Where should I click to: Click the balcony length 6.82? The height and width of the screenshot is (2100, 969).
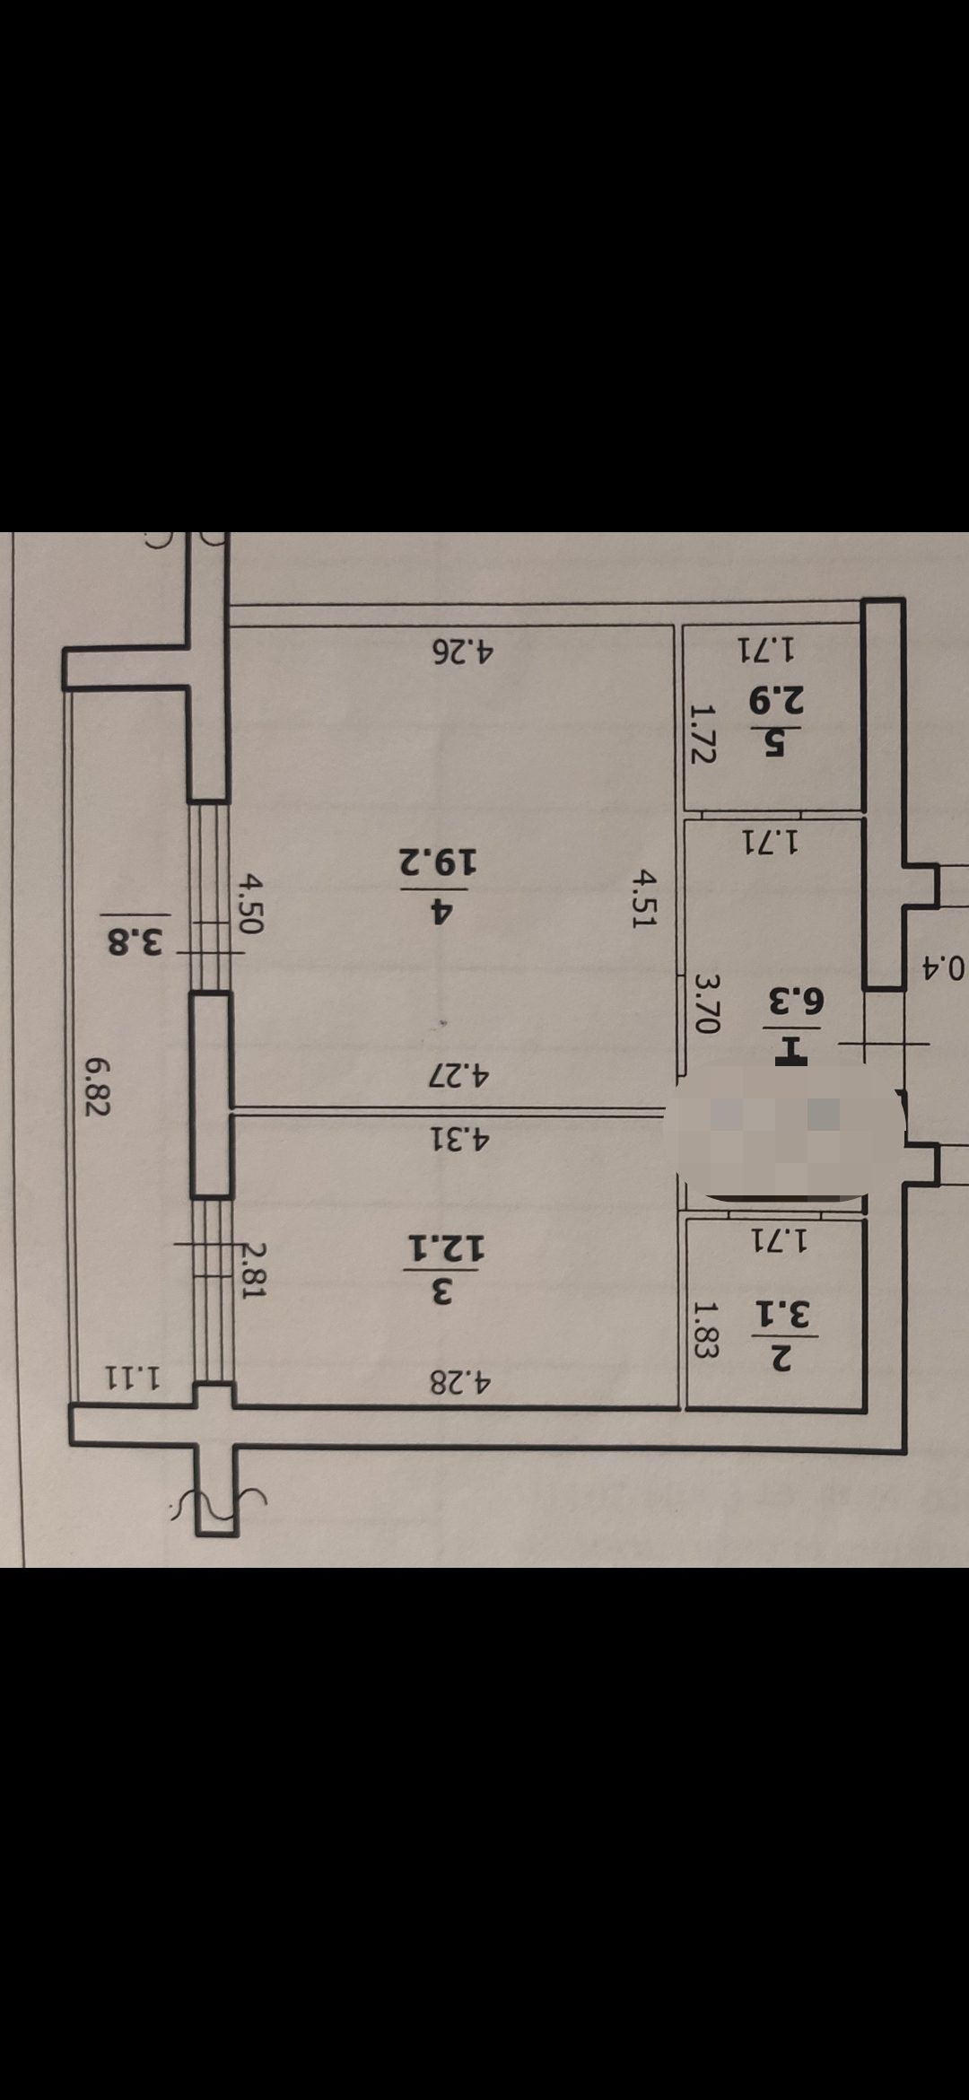pos(96,1086)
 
